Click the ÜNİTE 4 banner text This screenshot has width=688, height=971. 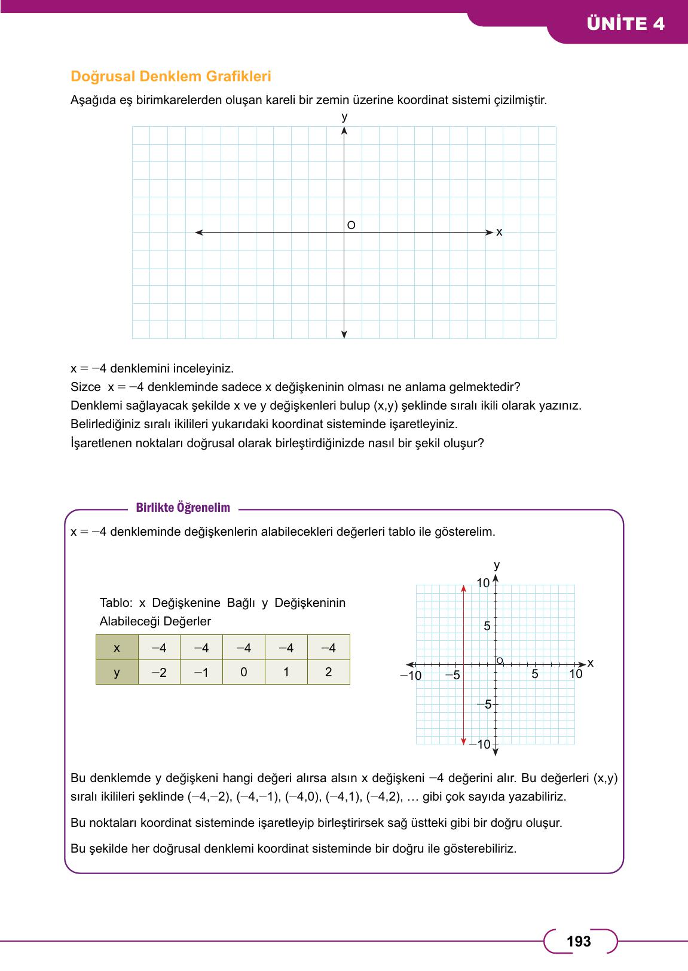click(625, 24)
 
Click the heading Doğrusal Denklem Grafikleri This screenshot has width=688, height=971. click(171, 77)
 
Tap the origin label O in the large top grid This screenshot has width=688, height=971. click(351, 225)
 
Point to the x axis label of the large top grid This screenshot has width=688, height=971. click(499, 232)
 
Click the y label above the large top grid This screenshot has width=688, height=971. click(344, 117)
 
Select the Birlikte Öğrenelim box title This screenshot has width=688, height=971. click(183, 508)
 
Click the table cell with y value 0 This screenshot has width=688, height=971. click(243, 672)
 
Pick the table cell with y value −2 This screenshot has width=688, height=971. click(159, 672)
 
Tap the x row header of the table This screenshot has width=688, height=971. click(117, 648)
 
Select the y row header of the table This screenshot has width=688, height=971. click(117, 672)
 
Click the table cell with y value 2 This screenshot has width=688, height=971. click(328, 672)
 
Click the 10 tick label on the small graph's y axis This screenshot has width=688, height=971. click(483, 583)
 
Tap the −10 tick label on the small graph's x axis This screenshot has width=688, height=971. click(411, 676)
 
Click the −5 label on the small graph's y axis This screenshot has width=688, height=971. click(484, 704)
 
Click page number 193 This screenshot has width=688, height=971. click(579, 942)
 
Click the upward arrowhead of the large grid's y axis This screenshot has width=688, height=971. click(344, 130)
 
